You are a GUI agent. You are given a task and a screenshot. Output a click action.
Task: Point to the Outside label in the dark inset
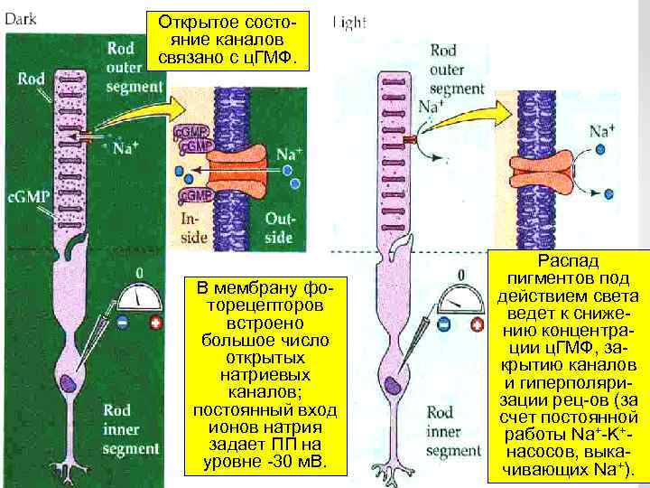coord(279,228)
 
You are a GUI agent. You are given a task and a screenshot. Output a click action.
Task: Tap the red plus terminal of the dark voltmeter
coord(157,322)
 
